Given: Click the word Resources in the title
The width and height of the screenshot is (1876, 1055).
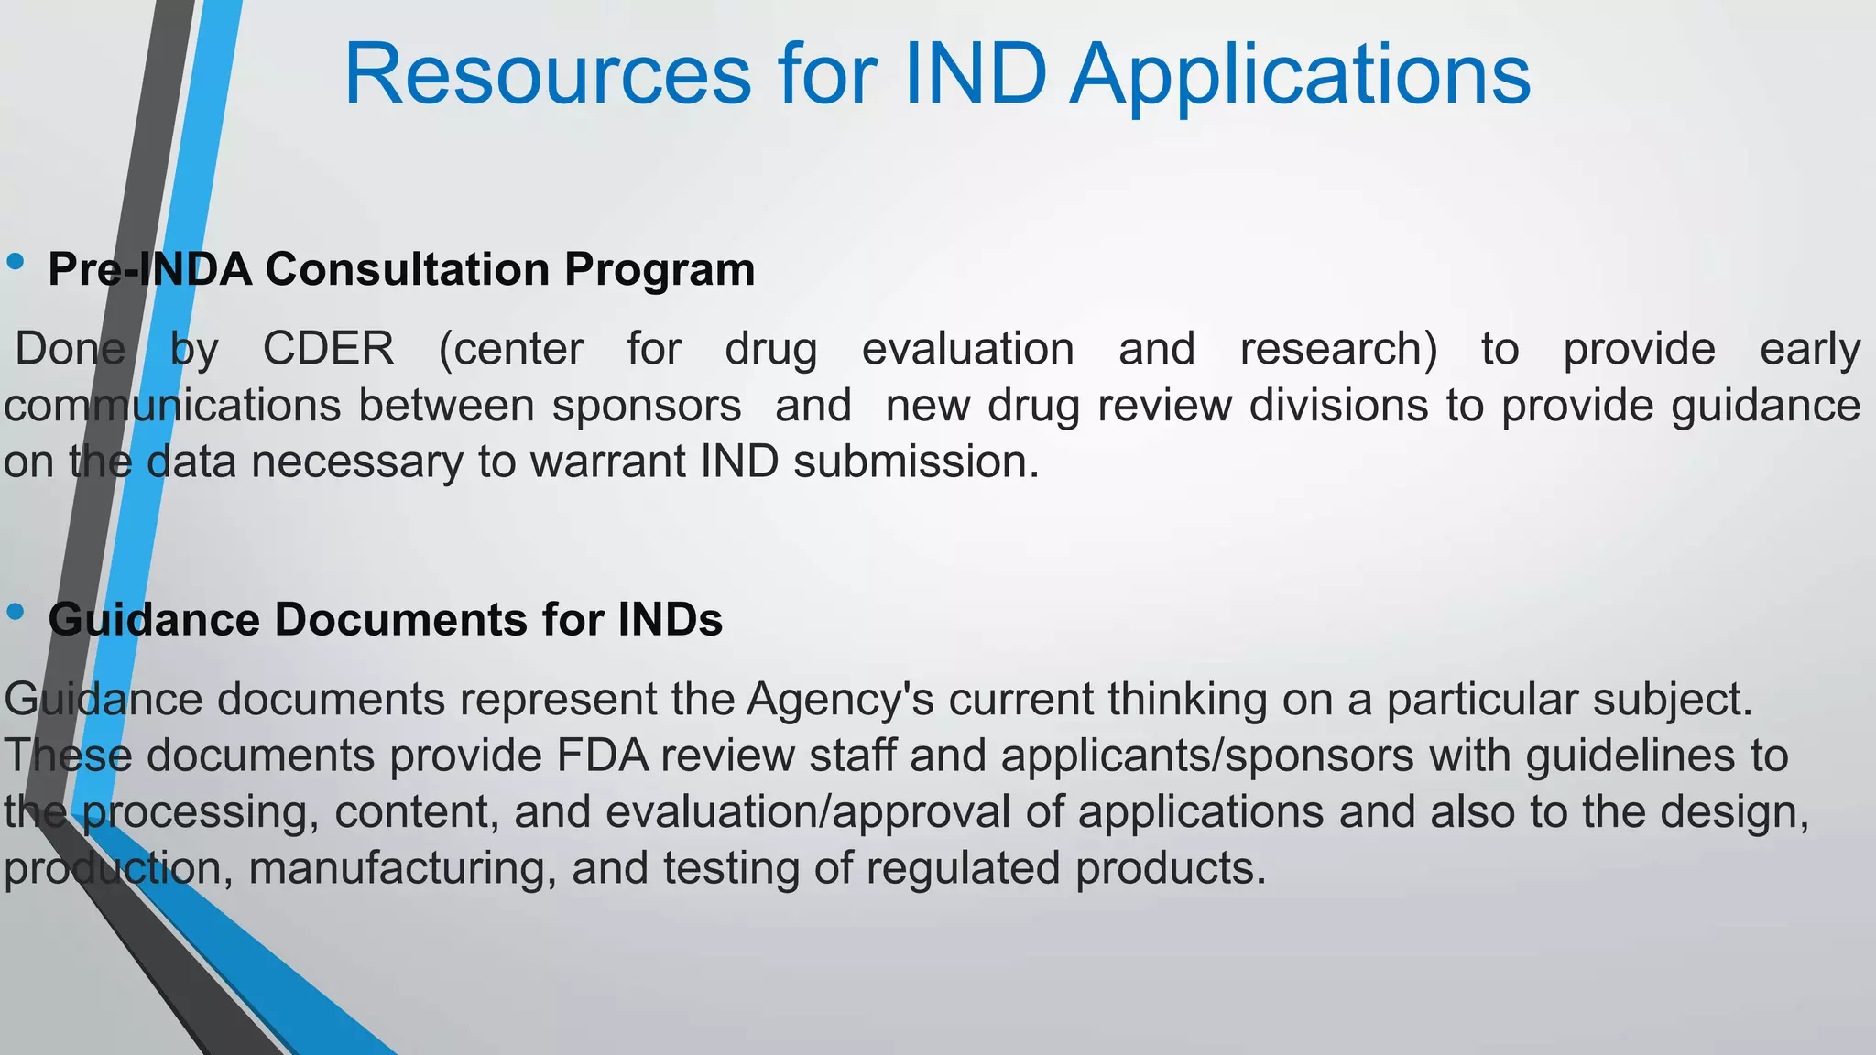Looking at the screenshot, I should point(547,75).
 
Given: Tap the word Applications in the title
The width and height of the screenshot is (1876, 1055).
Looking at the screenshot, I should point(1301,75).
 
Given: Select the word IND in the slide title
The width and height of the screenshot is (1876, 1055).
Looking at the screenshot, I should point(976,75).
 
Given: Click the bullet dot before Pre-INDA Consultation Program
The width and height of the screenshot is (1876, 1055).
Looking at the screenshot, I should point(15,263).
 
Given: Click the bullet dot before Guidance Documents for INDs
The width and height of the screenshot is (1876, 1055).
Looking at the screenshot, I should point(15,612).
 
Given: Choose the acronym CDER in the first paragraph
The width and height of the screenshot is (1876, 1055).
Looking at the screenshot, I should point(328,349).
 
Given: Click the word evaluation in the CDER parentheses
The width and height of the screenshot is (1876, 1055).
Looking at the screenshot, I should point(967,349).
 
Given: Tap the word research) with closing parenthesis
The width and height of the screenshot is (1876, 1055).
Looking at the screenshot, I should point(1338,349).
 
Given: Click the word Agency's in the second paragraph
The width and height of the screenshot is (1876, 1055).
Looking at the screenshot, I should point(840,700).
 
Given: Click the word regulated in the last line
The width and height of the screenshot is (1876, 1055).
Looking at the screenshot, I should point(963,868).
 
